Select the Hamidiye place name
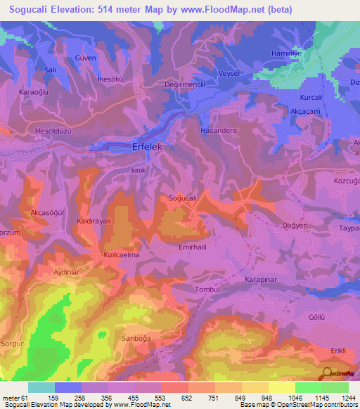point(286,53)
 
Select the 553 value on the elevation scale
point(162,398)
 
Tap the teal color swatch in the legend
point(41,387)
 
